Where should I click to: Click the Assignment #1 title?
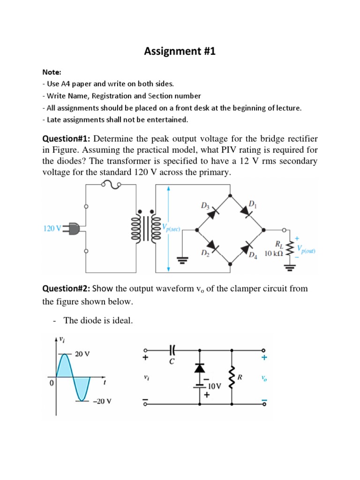coord(180,52)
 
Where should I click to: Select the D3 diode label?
coord(204,205)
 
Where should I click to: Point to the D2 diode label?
coord(205,254)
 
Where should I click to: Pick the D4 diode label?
coord(253,255)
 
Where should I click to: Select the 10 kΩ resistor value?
coord(274,254)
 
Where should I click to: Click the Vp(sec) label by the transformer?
coord(171,228)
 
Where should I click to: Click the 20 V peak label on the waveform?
coord(82,354)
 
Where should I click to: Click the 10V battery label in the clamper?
coord(215,386)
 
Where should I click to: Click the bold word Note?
coord(51,72)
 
